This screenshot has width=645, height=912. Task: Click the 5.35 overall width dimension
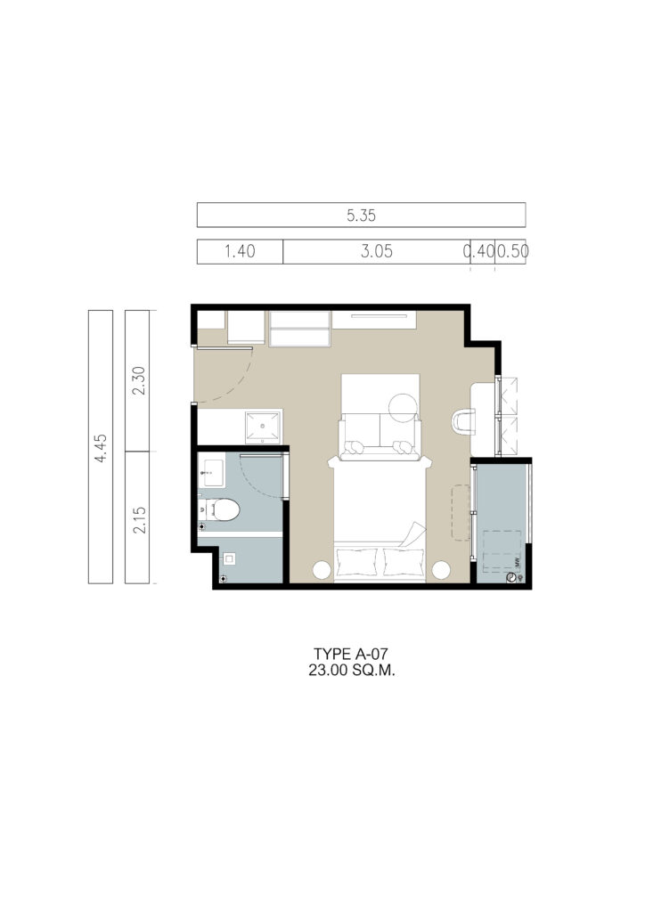click(361, 216)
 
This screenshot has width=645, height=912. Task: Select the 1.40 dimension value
click(240, 251)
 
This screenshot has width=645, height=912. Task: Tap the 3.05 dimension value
click(376, 251)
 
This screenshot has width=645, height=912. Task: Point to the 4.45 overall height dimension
click(101, 447)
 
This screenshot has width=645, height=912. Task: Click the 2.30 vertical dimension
click(138, 380)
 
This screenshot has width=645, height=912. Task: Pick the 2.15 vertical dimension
click(139, 519)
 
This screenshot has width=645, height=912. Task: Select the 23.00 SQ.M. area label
click(352, 670)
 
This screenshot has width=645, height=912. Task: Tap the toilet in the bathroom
click(219, 510)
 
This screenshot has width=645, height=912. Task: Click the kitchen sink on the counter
click(263, 427)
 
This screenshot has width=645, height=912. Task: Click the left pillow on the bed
click(357, 561)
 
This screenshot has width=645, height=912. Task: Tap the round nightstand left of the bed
click(322, 570)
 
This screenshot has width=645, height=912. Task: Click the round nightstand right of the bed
click(441, 570)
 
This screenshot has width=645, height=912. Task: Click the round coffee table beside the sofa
click(403, 408)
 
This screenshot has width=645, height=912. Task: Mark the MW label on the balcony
click(517, 563)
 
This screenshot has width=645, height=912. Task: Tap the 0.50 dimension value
click(512, 251)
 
